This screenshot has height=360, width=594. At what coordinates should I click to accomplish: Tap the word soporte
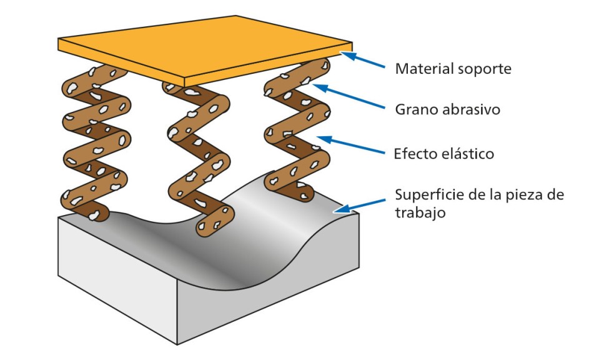(483, 69)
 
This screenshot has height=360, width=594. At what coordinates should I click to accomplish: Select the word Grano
(415, 110)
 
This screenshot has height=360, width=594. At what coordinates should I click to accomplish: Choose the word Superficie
(431, 194)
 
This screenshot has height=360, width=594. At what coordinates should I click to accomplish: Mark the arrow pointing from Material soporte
(362, 61)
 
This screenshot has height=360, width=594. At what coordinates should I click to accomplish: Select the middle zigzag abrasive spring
(196, 156)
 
